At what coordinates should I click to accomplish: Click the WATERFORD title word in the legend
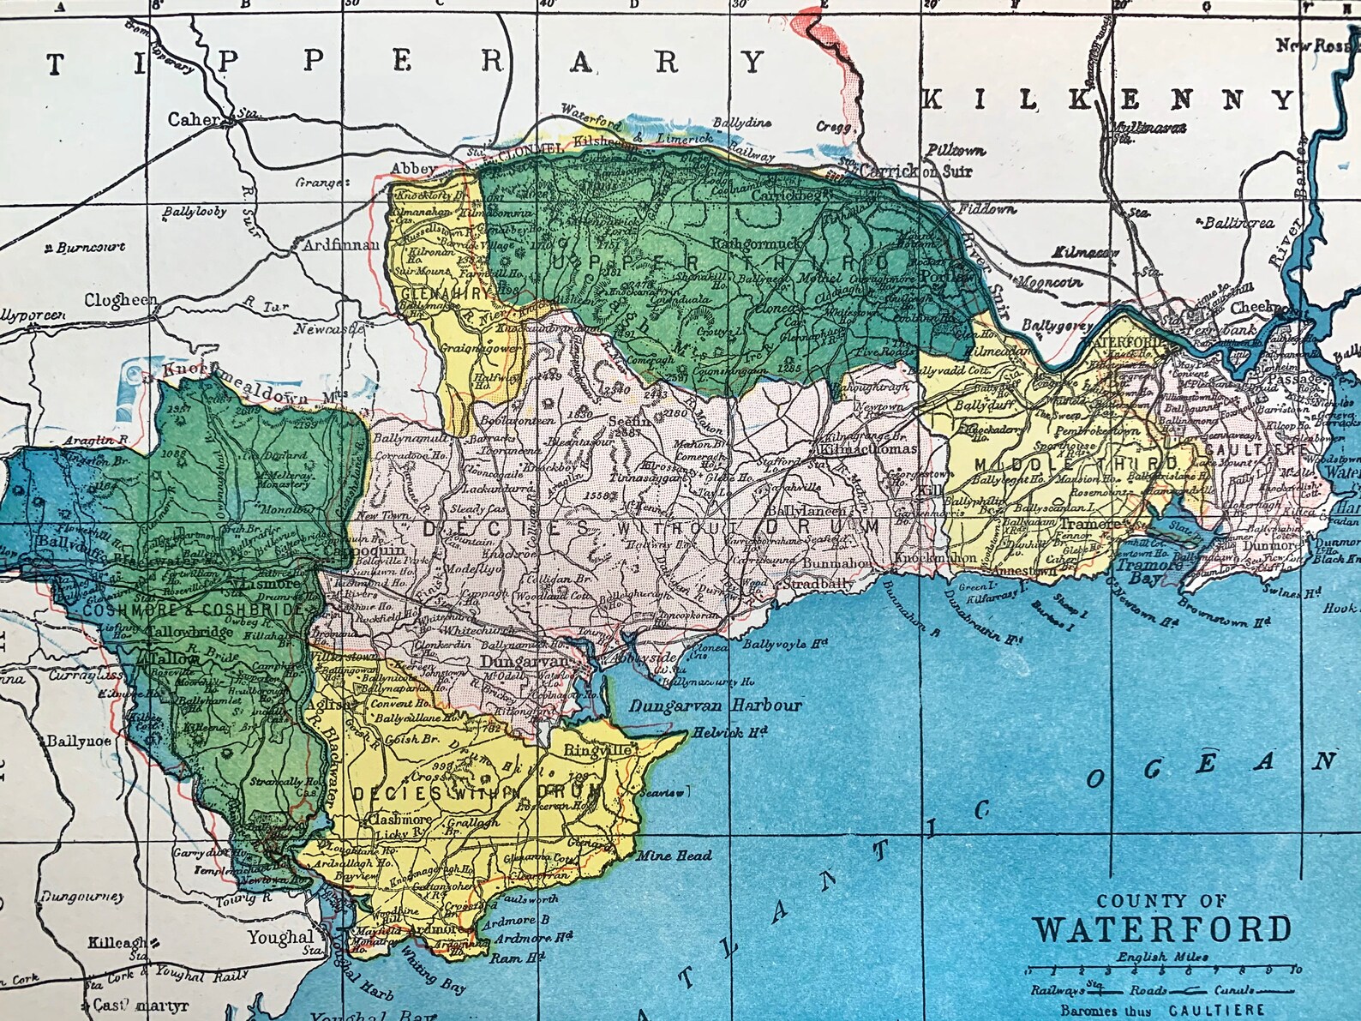1162,929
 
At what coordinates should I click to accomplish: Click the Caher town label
194,119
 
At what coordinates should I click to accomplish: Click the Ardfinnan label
341,244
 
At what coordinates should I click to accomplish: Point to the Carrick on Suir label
916,171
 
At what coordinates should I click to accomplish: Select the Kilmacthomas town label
868,448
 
